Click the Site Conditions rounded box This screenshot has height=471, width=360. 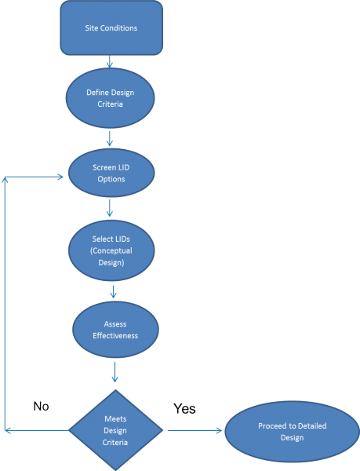[x=111, y=27]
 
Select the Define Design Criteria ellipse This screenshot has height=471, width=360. [x=110, y=98]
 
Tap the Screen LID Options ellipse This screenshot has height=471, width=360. [x=111, y=173]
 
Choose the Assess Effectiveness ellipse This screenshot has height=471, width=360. [x=115, y=329]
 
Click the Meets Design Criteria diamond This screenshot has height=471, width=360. [x=115, y=430]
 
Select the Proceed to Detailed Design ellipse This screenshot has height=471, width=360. [x=292, y=431]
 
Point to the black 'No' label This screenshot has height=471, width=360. [x=42, y=406]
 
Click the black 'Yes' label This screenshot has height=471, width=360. [x=184, y=408]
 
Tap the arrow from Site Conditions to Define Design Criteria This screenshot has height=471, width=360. [x=110, y=62]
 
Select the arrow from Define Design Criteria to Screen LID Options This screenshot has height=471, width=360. [x=110, y=139]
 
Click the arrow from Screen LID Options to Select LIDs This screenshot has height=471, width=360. [x=111, y=209]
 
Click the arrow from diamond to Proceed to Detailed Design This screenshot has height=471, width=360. [x=194, y=430]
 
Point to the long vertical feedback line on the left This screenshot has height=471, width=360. [x=6, y=306]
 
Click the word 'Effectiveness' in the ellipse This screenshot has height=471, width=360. [x=115, y=334]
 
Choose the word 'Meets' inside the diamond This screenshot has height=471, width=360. [x=115, y=419]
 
